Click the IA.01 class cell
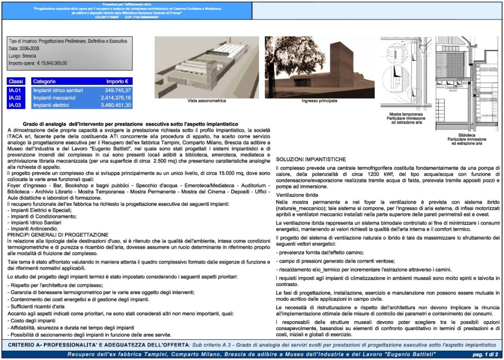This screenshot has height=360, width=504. click(x=14, y=91)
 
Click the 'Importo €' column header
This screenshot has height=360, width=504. click(x=117, y=81)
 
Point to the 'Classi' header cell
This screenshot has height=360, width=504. click(x=16, y=81)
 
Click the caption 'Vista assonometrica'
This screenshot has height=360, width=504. click(x=207, y=101)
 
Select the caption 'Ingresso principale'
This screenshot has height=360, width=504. click(x=319, y=101)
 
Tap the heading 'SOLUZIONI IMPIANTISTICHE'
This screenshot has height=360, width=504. click(x=311, y=160)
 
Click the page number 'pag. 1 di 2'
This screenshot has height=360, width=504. click(x=484, y=355)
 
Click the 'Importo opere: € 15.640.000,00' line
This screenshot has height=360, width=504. click(x=38, y=63)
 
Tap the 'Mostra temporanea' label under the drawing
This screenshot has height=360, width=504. click(x=406, y=114)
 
